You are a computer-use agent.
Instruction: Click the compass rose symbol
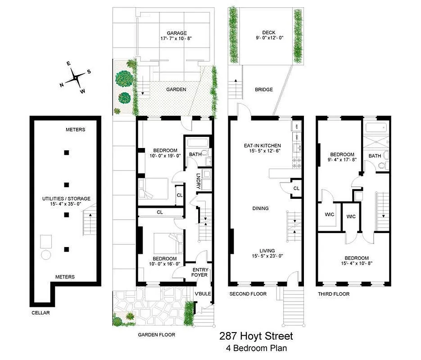(x=76, y=78)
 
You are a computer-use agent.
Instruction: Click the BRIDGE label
(x=263, y=90)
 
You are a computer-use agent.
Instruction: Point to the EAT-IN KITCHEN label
(x=262, y=146)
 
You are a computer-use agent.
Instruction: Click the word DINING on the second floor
(x=260, y=208)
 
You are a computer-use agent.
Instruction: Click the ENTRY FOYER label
(x=199, y=272)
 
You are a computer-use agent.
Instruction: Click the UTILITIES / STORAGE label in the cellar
(x=66, y=198)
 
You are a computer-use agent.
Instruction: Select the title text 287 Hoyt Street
(x=256, y=336)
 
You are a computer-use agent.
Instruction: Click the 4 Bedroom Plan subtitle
(x=256, y=348)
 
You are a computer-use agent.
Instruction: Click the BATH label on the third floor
(x=375, y=156)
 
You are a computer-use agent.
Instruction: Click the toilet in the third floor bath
(x=383, y=166)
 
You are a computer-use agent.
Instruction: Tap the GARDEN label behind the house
(x=176, y=90)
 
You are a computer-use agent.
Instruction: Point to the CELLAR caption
(x=41, y=313)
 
